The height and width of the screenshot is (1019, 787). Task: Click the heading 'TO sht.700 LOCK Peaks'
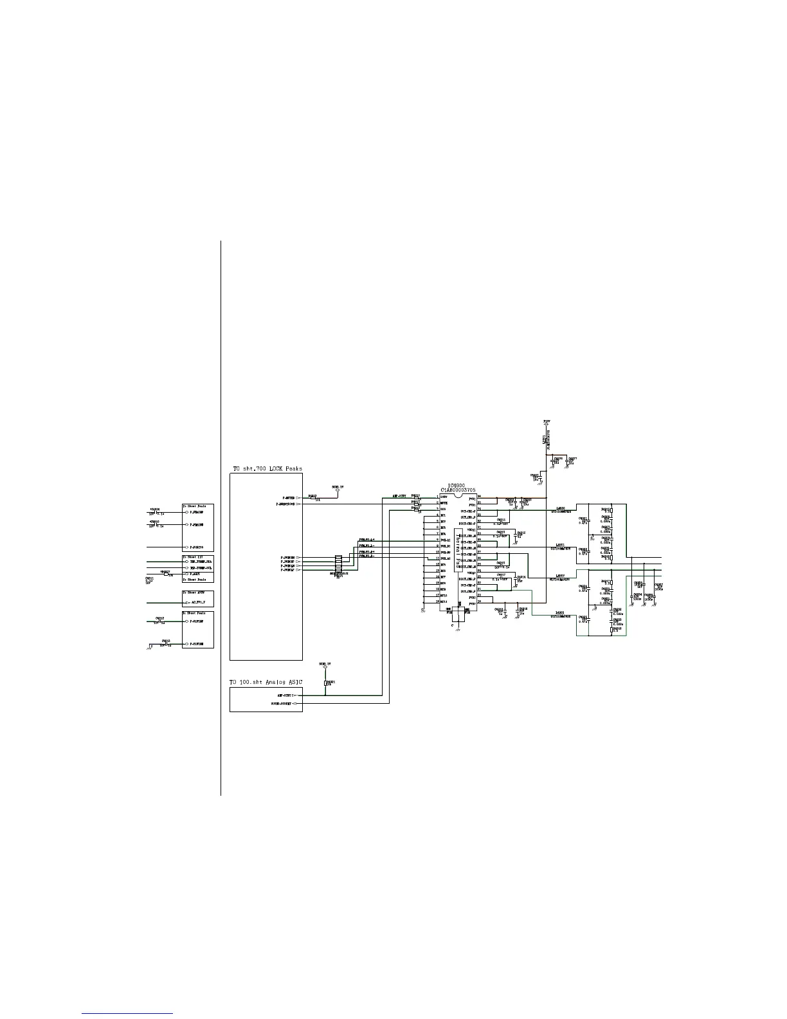pyautogui.click(x=266, y=468)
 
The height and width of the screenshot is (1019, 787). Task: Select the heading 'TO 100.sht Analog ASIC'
pyautogui.click(x=266, y=682)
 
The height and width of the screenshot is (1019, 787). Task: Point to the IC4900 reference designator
pyautogui.click(x=457, y=486)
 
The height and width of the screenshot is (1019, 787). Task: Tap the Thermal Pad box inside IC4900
pyautogui.click(x=458, y=550)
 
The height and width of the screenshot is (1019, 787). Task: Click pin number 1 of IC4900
pyautogui.click(x=437, y=497)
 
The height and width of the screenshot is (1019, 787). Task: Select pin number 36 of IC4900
pyautogui.click(x=480, y=497)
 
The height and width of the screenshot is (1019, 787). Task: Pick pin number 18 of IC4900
pyautogui.click(x=437, y=601)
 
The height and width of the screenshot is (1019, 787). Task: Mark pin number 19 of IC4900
pyautogui.click(x=480, y=601)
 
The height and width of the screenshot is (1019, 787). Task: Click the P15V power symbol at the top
pyautogui.click(x=546, y=421)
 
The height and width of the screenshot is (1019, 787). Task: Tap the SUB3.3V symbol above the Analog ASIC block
pyautogui.click(x=325, y=664)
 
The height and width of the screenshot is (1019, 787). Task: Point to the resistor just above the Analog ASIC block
pyautogui.click(x=325, y=683)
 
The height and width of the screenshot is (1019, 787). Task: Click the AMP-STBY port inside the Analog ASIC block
pyautogui.click(x=285, y=695)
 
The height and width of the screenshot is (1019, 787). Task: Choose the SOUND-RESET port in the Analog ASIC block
pyautogui.click(x=284, y=703)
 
